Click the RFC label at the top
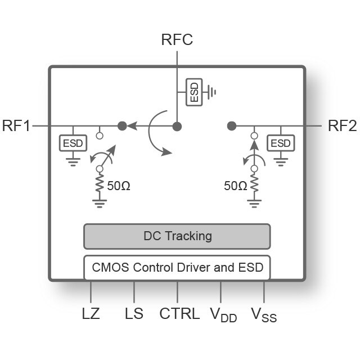[x=177, y=40]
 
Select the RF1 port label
[x=16, y=126]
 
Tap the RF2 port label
[x=342, y=126]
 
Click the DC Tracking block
[x=177, y=236]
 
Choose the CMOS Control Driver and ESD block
[x=177, y=267]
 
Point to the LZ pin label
[x=91, y=313]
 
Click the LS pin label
[x=134, y=313]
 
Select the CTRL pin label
[x=179, y=313]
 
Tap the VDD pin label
[x=223, y=315]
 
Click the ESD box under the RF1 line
[x=73, y=143]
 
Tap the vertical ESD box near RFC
[x=194, y=92]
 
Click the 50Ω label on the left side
[x=118, y=186]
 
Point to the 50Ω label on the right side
[x=235, y=186]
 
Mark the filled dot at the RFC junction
[x=177, y=126]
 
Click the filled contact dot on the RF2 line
[x=231, y=126]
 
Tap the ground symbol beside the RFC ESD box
[x=211, y=92]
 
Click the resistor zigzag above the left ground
[x=100, y=184]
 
